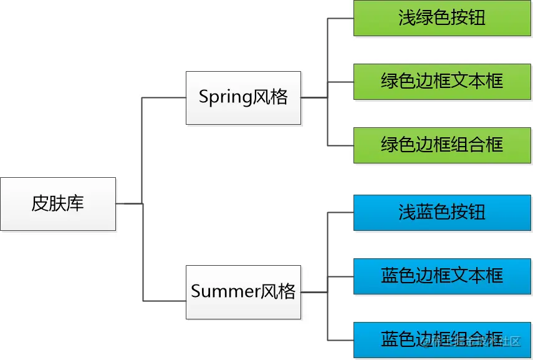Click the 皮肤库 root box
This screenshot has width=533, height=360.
point(58,204)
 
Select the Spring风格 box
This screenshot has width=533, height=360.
point(243,97)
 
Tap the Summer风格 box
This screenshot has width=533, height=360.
point(243,292)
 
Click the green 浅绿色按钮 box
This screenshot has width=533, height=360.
point(442,17)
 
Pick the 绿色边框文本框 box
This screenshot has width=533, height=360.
point(442,81)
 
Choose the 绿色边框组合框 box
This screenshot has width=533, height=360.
point(442,145)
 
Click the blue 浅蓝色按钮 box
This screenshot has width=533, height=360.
point(442,212)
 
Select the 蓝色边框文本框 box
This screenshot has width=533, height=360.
point(442,276)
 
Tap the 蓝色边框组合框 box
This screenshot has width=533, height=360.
point(442,340)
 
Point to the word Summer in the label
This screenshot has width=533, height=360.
point(225,292)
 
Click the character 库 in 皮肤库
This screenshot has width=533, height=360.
point(76,204)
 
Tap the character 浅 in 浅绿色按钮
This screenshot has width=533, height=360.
point(407,18)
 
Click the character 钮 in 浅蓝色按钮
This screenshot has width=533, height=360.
point(477,213)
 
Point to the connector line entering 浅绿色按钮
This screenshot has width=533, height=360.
point(340,18)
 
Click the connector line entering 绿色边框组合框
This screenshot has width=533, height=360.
point(340,145)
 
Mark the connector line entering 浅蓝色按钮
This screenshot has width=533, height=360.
point(340,212)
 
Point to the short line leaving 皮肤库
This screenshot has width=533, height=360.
point(129,203)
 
